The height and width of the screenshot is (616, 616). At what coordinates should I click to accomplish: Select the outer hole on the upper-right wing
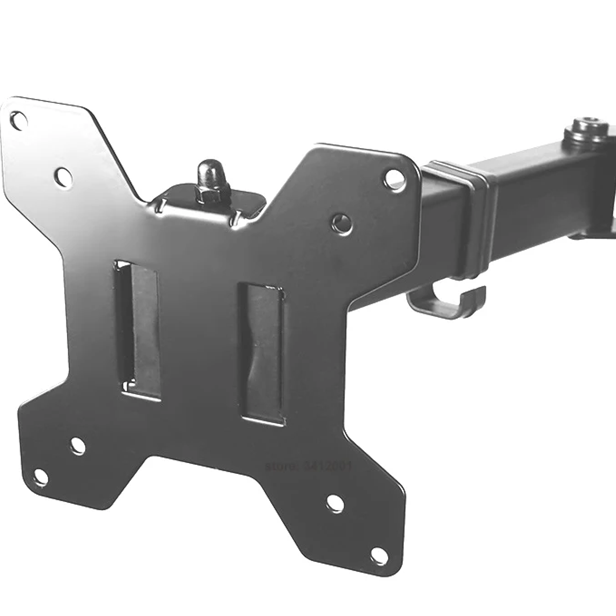[393, 177]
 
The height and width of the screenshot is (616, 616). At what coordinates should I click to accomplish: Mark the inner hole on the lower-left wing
[78, 445]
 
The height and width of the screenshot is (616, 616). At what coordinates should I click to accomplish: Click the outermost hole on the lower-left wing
[39, 477]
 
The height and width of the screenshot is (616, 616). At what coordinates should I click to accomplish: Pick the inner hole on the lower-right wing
[335, 503]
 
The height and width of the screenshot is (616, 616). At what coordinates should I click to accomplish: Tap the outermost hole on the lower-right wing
[378, 555]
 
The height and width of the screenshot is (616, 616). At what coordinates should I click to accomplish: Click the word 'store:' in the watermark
[282, 465]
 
